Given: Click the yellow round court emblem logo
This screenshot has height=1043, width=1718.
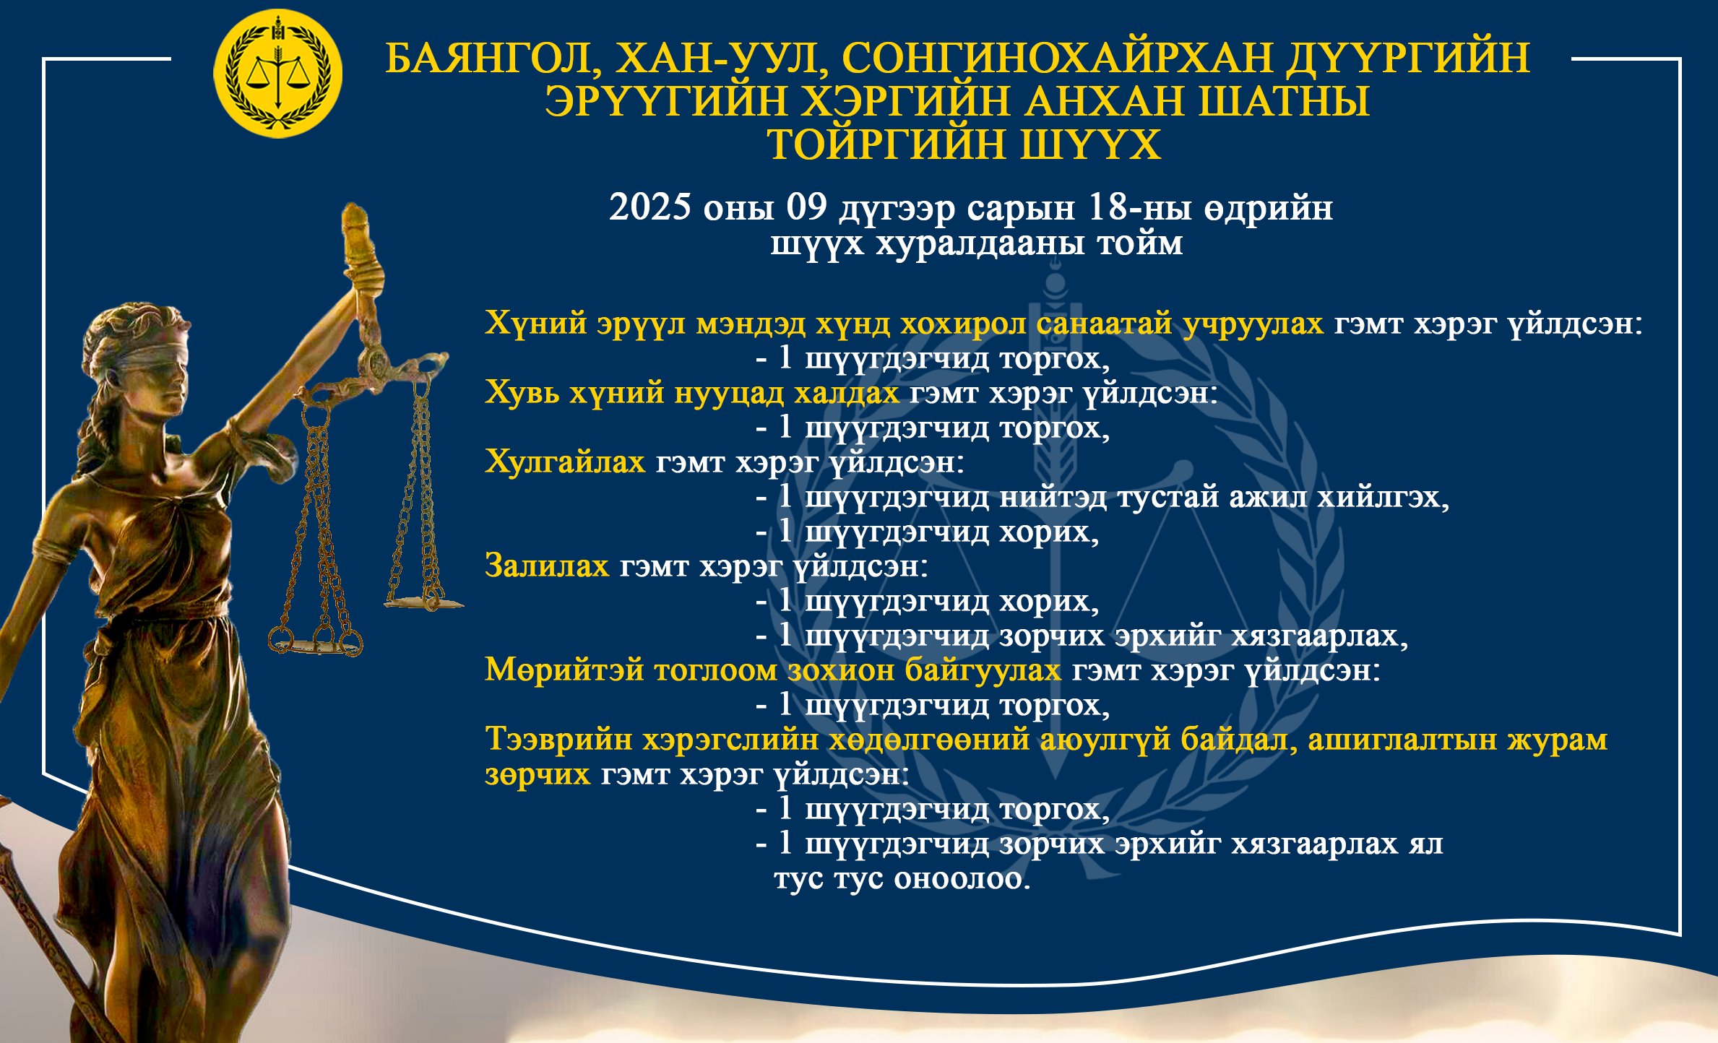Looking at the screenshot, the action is [278, 74].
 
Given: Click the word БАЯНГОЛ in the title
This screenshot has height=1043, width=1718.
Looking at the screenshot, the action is [494, 59].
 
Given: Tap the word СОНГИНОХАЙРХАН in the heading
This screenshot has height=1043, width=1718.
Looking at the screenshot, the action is [1057, 57].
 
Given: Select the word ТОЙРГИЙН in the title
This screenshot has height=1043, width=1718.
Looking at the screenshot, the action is [887, 144].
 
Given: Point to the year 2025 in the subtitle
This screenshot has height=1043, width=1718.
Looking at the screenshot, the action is [650, 207].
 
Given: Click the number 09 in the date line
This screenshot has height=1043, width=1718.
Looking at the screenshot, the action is [806, 207].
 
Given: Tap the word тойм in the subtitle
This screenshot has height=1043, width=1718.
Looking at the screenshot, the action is [1140, 243].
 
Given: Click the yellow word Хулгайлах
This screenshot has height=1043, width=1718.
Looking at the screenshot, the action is [565, 462].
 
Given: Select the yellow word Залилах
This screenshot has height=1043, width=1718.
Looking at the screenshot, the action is [547, 566].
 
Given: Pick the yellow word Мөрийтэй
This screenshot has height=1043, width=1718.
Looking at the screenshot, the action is [564, 670].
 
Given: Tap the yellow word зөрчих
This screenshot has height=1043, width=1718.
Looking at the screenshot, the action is [538, 774].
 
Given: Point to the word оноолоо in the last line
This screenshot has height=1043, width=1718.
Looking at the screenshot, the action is [962, 879].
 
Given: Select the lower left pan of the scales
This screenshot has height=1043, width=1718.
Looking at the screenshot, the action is [316, 645].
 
